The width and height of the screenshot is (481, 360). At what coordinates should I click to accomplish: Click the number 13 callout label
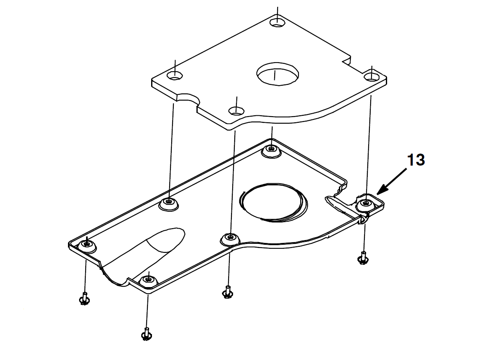tap(416, 160)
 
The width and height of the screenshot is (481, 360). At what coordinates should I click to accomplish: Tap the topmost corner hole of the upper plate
tap(277, 22)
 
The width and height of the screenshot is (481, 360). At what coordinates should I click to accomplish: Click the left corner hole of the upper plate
tap(175, 75)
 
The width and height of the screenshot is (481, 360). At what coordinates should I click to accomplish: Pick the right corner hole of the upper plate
tap(371, 76)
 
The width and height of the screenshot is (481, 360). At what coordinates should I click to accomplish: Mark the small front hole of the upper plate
tap(236, 111)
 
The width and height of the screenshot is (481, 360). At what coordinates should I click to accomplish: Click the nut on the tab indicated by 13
tap(365, 204)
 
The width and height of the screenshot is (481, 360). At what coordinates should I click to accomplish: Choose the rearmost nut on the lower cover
tap(271, 151)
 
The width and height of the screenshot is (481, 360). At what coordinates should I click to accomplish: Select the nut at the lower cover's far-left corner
tap(87, 245)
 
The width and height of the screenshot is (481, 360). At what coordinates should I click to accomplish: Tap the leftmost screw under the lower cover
tap(84, 298)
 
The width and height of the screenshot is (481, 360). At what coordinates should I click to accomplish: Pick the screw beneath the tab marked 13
tap(363, 258)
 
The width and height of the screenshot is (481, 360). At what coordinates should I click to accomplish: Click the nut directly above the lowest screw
tap(148, 281)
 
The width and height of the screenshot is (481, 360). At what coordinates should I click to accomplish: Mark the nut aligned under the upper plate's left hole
tap(168, 203)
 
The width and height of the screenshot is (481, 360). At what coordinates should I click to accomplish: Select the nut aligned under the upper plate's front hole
tap(230, 238)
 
